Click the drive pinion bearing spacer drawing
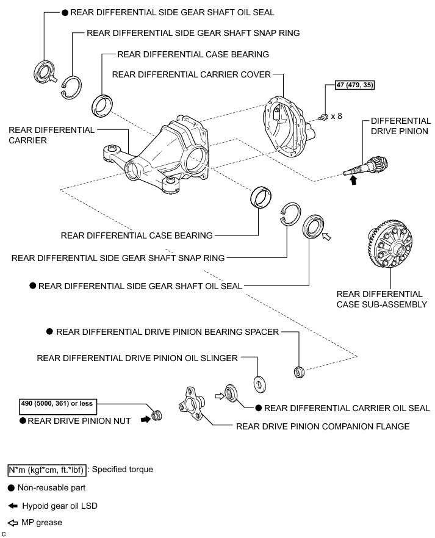click(x=299, y=370)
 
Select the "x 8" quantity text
click(x=337, y=115)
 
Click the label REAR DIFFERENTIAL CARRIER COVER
click(x=191, y=75)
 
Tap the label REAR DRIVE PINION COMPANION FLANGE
click(x=323, y=426)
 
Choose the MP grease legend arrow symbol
click(x=13, y=522)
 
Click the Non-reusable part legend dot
click(x=12, y=488)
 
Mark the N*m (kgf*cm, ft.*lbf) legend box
click(x=46, y=470)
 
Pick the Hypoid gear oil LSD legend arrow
click(x=13, y=506)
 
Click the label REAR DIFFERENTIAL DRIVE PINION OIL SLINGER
click(x=137, y=358)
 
